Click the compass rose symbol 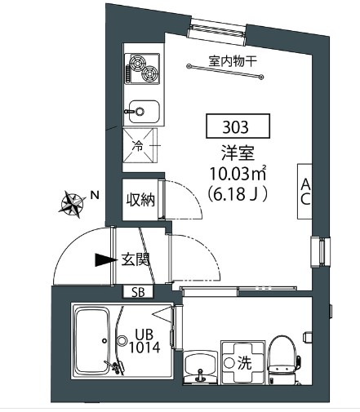click(x=73, y=202)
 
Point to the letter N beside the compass click(x=95, y=196)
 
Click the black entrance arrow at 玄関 click(x=104, y=260)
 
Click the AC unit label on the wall click(x=304, y=192)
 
